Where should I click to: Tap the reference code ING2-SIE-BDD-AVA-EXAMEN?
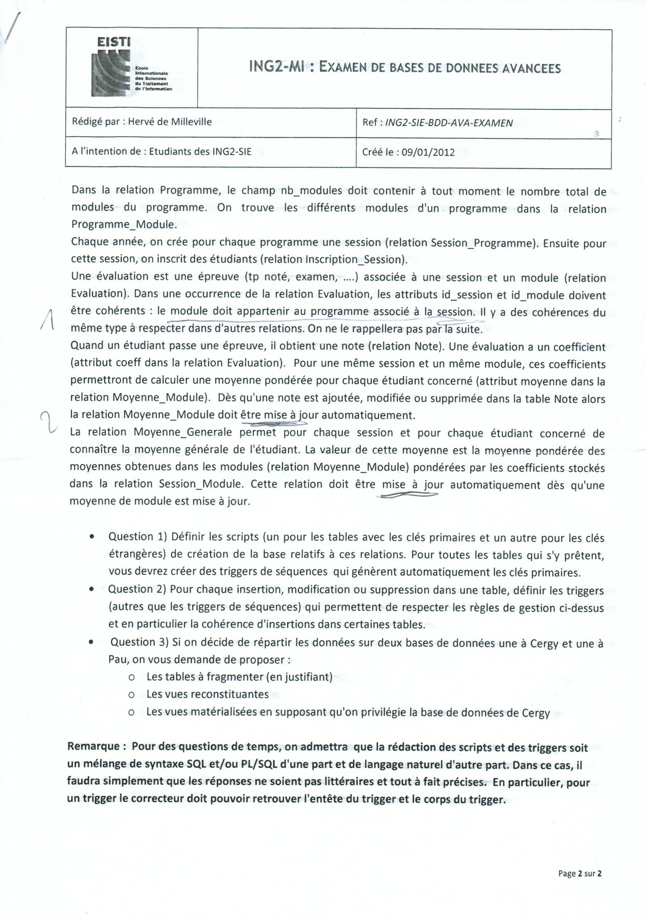click(449, 123)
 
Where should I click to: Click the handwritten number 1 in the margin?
click(49, 320)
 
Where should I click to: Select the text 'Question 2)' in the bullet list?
click(136, 590)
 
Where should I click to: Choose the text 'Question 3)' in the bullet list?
click(139, 642)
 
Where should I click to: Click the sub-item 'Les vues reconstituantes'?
click(207, 694)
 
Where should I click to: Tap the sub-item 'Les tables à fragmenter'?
click(205, 677)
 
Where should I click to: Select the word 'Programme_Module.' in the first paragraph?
click(124, 225)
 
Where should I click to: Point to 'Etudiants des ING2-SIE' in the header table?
click(200, 151)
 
